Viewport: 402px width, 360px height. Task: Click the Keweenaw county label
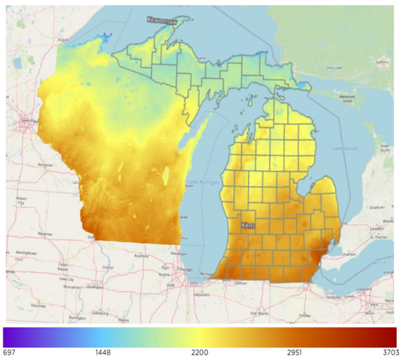[161, 20]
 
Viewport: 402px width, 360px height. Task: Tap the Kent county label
[249, 226]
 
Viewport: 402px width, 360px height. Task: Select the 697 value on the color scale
[9, 353]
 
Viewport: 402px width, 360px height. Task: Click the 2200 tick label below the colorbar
[200, 353]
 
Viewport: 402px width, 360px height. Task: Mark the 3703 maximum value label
[389, 353]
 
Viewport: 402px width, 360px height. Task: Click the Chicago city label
[186, 269]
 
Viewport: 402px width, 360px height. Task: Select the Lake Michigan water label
[203, 183]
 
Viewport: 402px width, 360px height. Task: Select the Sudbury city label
[383, 62]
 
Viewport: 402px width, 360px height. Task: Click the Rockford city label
[136, 254]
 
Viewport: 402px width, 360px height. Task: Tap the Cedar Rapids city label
[63, 265]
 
